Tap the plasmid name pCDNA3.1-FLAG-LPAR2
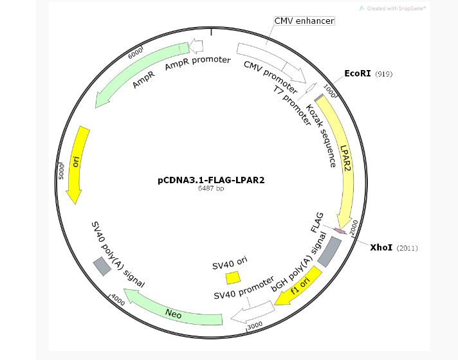(x=211, y=180)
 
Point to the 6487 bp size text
(x=211, y=188)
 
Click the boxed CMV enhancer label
(x=304, y=21)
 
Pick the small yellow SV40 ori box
(x=234, y=278)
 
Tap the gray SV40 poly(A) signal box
(x=102, y=266)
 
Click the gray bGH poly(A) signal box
(x=329, y=252)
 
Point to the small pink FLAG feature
(x=340, y=231)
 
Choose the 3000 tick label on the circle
(x=255, y=325)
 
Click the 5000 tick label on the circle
(x=61, y=172)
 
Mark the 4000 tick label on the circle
(x=118, y=300)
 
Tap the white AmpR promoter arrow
(x=196, y=46)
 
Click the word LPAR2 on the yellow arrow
(x=345, y=158)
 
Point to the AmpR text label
(x=143, y=80)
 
